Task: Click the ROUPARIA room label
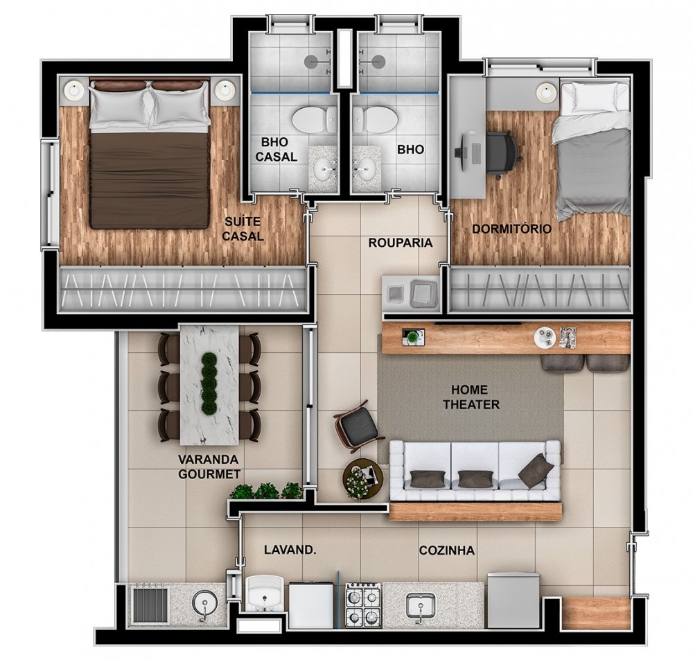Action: click(401, 243)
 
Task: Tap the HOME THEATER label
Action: click(471, 397)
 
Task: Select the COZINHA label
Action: click(447, 550)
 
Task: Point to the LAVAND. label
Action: click(290, 550)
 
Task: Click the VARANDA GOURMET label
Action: click(209, 467)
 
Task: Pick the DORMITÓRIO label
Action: click(512, 229)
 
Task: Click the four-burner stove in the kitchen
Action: click(363, 604)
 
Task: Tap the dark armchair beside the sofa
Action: click(356, 425)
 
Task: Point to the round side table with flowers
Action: click(360, 478)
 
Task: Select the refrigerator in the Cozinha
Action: click(514, 600)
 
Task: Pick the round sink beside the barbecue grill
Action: click(204, 603)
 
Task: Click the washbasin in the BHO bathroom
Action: click(367, 168)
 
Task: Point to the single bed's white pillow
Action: click(595, 98)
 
